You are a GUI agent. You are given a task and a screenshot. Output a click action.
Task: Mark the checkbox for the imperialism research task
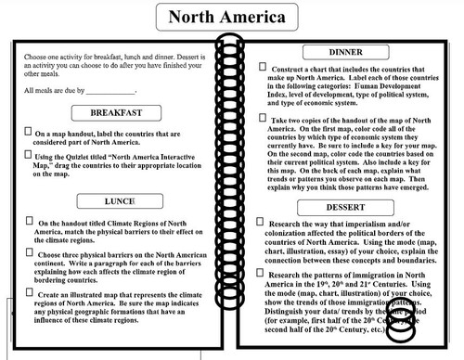click(265, 224)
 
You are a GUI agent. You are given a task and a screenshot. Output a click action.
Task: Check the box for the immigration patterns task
click(265, 275)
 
